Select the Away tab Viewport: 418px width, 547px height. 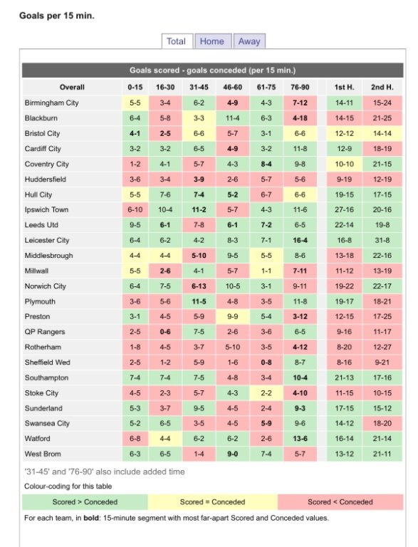249,41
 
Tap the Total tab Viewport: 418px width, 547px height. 177,41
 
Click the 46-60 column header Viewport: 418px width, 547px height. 232,87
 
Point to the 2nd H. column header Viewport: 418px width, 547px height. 382,87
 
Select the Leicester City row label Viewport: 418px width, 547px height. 47,240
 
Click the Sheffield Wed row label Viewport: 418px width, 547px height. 47,363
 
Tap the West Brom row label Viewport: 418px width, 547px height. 43,454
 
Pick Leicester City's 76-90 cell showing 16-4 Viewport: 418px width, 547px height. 300,240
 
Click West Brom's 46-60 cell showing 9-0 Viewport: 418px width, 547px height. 232,454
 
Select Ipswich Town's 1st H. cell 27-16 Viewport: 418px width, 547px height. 344,209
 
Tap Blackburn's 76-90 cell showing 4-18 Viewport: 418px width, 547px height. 300,118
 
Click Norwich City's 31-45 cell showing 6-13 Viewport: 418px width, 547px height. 199,286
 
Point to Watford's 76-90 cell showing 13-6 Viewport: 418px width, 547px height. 300,439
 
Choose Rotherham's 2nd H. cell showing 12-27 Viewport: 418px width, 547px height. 382,347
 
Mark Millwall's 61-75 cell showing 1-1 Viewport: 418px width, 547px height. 266,271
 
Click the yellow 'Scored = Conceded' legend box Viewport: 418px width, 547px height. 212,502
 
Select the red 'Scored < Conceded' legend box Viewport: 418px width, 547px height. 340,502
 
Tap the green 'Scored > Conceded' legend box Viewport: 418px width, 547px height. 85,502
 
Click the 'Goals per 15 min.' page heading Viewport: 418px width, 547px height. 57,16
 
